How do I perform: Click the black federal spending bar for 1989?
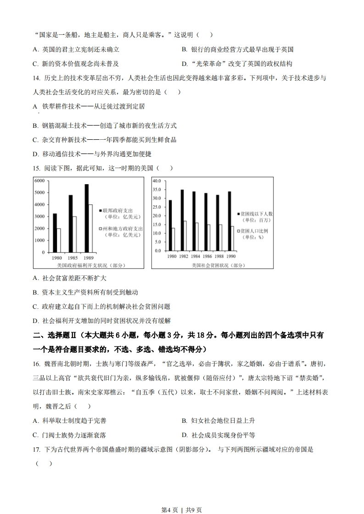pos(86,218)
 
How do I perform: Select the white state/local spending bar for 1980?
pos(59,240)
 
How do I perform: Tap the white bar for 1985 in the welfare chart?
pos(74,234)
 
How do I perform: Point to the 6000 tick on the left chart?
pos(39,181)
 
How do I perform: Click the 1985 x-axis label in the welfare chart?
pos(73,258)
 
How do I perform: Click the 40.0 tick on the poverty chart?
pos(157,181)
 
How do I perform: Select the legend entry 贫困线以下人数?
pos(255,213)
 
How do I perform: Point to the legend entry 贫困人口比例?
pos(255,231)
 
